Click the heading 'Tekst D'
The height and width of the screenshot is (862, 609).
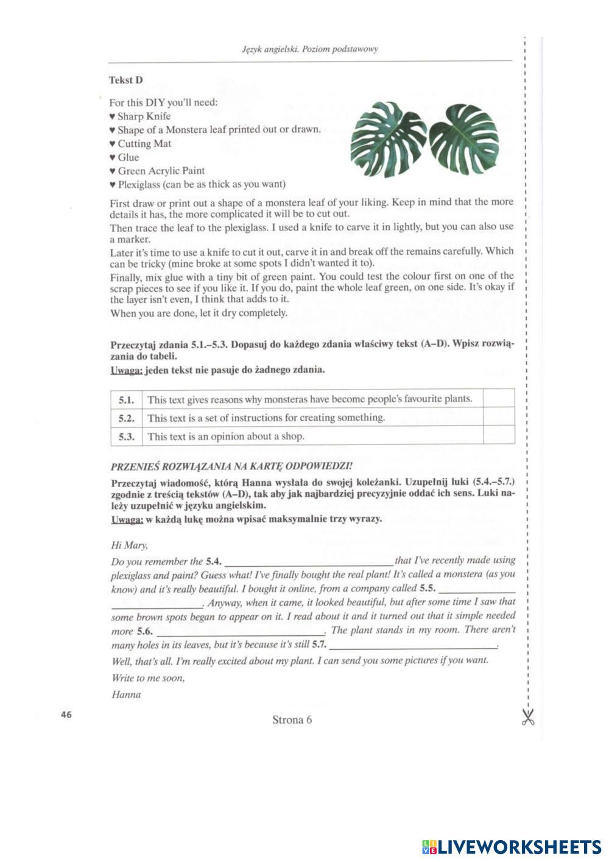point(126,80)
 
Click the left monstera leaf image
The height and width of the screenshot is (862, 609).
point(388,138)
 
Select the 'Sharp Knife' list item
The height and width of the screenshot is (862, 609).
point(144,116)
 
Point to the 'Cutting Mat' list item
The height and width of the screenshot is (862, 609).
point(144,144)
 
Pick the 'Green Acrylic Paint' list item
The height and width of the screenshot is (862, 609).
point(161,171)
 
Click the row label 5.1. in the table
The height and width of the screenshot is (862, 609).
point(126,400)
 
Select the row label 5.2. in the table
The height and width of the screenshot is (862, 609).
point(126,418)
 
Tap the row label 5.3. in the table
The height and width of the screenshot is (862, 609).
point(126,436)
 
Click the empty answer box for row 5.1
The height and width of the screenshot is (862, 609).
point(498,399)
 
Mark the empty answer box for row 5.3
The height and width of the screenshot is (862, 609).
point(498,436)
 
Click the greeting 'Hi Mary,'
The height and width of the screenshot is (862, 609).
point(130,545)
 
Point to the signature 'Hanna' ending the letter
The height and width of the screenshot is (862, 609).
point(127,695)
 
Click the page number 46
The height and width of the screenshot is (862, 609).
point(66,714)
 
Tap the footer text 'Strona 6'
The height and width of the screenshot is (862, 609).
point(292,720)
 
